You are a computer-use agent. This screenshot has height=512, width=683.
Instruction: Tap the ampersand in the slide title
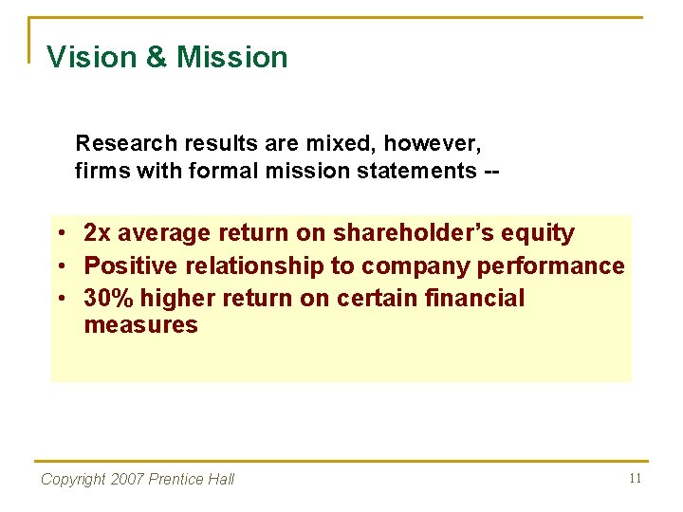coord(157,57)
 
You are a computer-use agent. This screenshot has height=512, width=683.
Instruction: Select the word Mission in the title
coord(231,57)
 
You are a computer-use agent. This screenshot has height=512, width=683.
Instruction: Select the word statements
coord(415,171)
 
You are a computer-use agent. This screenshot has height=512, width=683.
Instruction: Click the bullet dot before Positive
coord(60,266)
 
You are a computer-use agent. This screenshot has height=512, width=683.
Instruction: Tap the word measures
coord(140,325)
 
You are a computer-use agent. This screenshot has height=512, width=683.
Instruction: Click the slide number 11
coord(635,478)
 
